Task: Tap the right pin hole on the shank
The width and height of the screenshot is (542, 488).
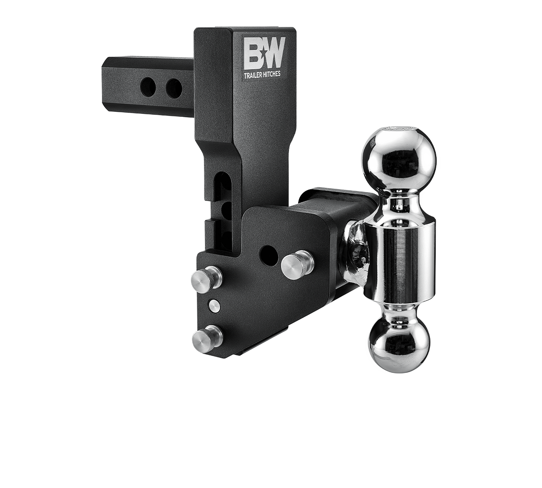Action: coord(173,87)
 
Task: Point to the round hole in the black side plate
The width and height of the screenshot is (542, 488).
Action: coord(268,253)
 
